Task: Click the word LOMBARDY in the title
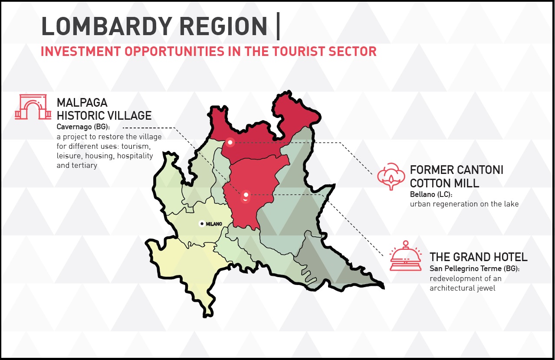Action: (107, 26)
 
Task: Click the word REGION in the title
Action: (223, 26)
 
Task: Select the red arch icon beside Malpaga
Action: (33, 107)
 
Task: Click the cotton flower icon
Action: (391, 176)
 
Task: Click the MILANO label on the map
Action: (214, 224)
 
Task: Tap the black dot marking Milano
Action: (202, 224)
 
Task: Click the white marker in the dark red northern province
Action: (230, 142)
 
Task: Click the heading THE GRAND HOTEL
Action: (479, 257)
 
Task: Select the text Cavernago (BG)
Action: (83, 127)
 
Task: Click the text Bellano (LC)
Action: (431, 194)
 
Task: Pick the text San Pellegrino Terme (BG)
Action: (474, 268)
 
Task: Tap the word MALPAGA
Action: (82, 103)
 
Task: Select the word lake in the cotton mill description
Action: (511, 204)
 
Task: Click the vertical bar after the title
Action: (278, 26)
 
